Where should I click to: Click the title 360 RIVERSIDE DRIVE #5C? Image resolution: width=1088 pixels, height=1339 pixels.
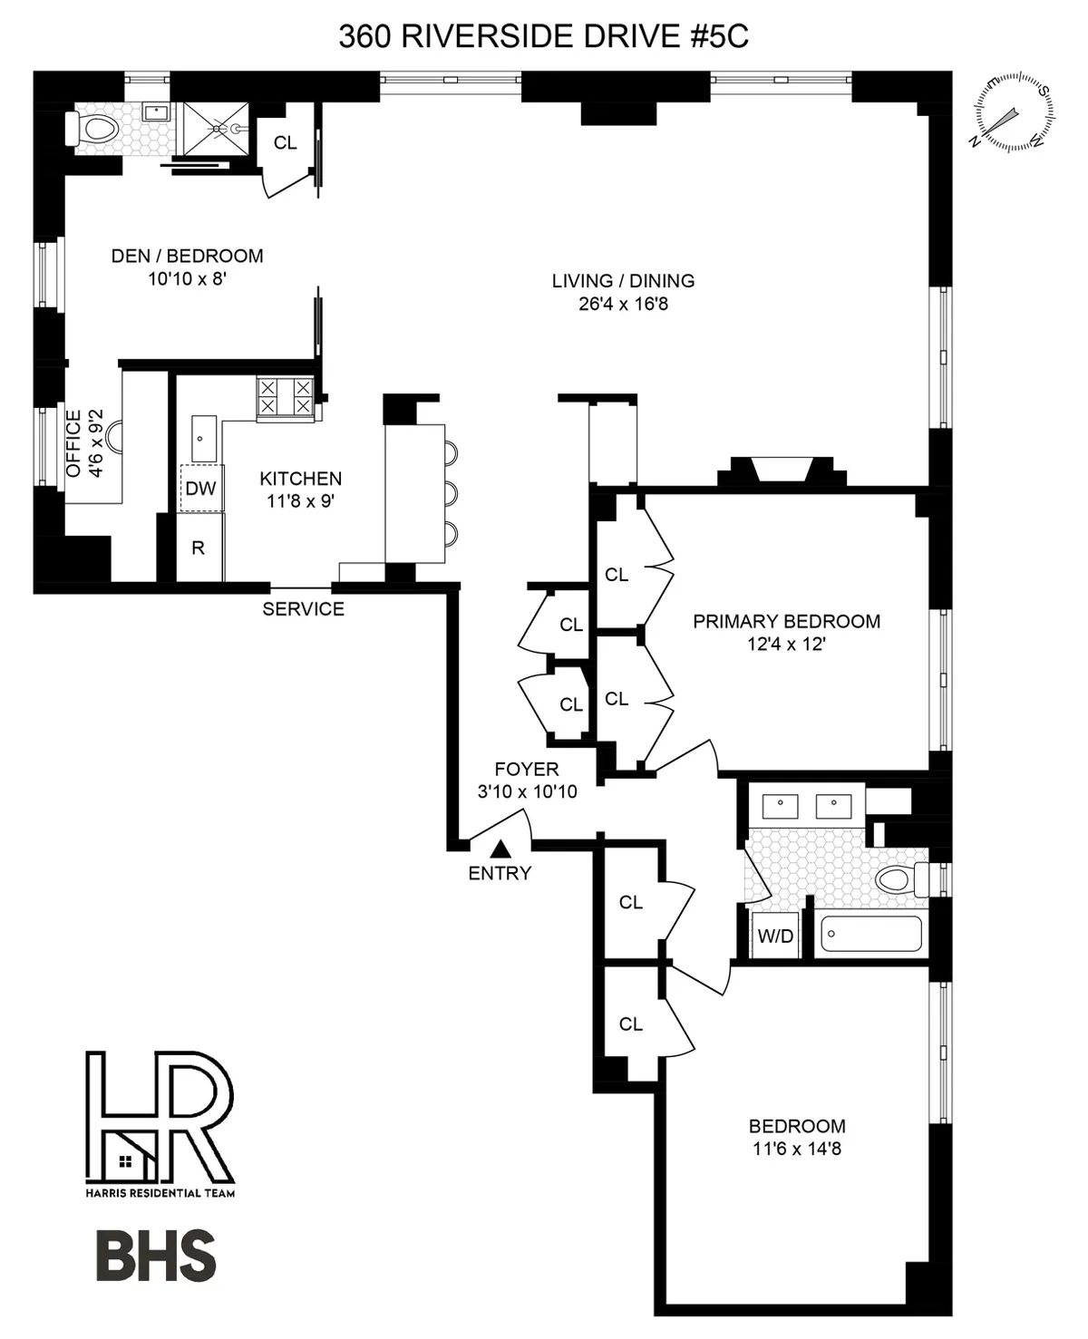point(543,36)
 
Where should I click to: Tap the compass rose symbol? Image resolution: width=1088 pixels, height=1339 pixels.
point(1015,115)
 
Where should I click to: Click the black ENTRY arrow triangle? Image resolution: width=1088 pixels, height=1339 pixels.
point(500,849)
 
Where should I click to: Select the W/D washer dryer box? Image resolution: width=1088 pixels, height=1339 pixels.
point(775,936)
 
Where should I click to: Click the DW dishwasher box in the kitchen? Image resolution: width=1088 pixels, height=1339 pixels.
point(200,489)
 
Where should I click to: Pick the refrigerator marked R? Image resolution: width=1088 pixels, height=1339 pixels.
point(199,548)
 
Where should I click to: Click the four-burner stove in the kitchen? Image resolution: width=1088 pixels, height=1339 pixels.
point(285,399)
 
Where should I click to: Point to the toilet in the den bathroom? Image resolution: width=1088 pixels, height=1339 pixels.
point(93,129)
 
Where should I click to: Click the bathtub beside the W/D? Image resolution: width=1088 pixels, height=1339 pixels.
point(870,934)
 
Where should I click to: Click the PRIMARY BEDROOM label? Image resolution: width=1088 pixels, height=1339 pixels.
point(786,622)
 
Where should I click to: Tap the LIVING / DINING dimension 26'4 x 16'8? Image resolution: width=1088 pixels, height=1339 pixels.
point(623,305)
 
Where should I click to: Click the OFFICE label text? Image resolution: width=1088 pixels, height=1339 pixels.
point(73,442)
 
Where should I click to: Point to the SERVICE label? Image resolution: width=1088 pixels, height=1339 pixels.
point(303,609)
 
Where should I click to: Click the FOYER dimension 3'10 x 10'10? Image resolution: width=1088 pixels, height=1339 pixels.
point(527,791)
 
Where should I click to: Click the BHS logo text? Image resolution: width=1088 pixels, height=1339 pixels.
point(155,1257)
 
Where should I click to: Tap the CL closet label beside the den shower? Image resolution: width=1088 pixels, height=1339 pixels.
point(285,143)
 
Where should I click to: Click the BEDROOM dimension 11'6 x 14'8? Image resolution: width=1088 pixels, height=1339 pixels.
point(797,1150)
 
